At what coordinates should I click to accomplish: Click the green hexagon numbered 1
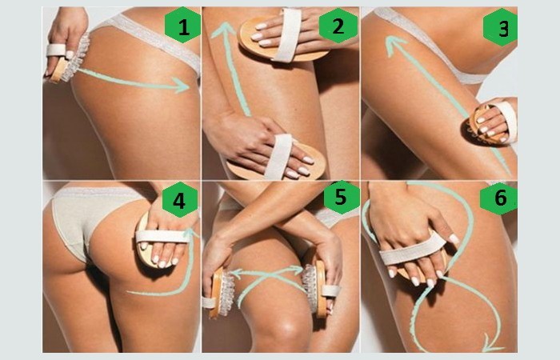pyautogui.click(x=182, y=26)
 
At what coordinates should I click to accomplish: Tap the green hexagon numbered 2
pyautogui.click(x=338, y=26)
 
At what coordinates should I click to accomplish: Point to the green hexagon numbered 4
pyautogui.click(x=180, y=200)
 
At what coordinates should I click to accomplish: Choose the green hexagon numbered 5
pyautogui.click(x=341, y=197)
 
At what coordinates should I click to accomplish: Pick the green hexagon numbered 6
pyautogui.click(x=498, y=197)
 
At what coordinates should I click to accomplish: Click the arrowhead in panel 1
pyautogui.click(x=182, y=86)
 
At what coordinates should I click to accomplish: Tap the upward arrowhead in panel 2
pyautogui.click(x=223, y=30)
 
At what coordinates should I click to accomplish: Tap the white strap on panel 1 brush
pyautogui.click(x=56, y=50)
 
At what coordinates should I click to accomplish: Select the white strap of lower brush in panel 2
pyautogui.click(x=279, y=156)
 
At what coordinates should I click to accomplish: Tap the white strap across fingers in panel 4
pyautogui.click(x=162, y=237)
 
